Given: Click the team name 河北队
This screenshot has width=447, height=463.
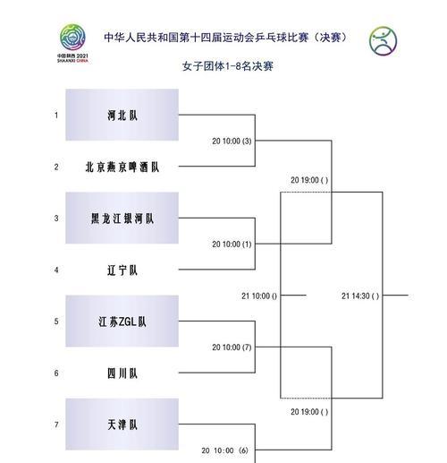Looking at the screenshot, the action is click(x=122, y=116).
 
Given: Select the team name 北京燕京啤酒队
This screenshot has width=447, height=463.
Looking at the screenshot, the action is click(x=122, y=167).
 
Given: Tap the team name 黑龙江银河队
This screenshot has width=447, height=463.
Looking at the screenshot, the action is click(x=122, y=219).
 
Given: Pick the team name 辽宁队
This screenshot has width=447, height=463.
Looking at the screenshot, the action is click(x=122, y=270).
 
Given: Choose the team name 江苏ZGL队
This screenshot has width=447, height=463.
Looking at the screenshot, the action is click(x=122, y=322).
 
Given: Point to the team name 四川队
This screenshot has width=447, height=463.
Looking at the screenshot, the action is click(x=122, y=373).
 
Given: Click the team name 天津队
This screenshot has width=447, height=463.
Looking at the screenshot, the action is click(x=122, y=424).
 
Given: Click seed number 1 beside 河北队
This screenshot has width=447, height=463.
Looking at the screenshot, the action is click(x=56, y=116).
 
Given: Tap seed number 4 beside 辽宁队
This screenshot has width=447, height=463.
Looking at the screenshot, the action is click(x=56, y=270).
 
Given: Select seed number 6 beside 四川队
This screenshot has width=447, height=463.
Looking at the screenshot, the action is click(x=56, y=373).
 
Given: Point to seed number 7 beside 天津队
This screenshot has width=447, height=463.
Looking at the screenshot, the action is click(x=56, y=424).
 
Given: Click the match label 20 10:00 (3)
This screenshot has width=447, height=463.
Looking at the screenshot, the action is click(x=232, y=141).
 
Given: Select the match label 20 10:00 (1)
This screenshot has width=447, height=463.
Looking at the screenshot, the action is click(x=232, y=244).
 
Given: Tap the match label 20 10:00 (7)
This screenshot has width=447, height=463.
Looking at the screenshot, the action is click(x=232, y=347).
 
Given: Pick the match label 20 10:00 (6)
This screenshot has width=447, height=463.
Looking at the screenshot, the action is click(x=225, y=450).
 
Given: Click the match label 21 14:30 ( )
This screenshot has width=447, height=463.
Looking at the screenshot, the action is click(x=360, y=296).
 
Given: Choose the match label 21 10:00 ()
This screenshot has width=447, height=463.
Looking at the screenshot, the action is click(x=259, y=296).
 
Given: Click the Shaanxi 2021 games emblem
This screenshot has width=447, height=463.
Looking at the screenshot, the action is click(x=72, y=43).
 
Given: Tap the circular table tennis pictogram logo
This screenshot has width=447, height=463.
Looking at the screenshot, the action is click(x=384, y=41).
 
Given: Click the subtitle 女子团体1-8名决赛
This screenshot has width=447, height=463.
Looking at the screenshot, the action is click(x=228, y=66).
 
